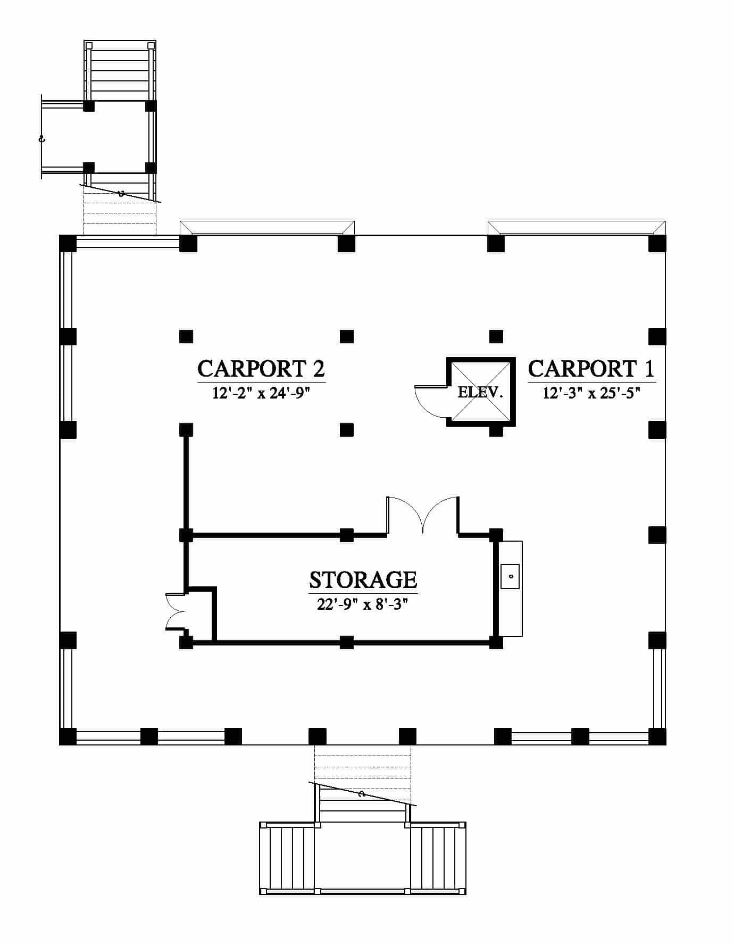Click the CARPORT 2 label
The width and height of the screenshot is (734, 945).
pos(261,368)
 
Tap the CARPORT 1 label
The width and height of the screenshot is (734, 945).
pos(591,368)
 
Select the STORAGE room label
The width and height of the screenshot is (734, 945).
pos(363,579)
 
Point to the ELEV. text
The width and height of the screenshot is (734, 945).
pos(480,393)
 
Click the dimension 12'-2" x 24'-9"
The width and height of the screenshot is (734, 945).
pos(261,393)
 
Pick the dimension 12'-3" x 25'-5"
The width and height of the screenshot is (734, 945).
pos(591,393)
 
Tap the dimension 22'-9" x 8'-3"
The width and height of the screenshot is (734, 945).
pos(363,604)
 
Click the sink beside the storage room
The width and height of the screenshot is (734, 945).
pos(510,576)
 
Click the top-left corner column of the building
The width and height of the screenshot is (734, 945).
pos(68,244)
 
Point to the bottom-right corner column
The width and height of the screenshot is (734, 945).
pos(657,736)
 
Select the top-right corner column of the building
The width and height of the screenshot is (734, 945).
pos(657,244)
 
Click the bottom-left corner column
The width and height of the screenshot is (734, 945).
pos(68,736)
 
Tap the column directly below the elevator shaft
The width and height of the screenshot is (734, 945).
pos(496,430)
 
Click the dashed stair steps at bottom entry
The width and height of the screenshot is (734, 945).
pos(363,772)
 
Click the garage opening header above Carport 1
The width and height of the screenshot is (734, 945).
pos(577,228)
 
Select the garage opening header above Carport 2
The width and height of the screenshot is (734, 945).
pos(268,228)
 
